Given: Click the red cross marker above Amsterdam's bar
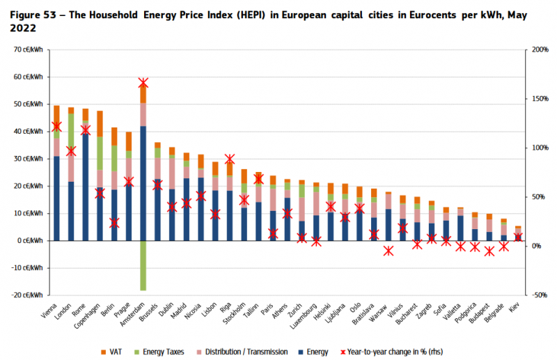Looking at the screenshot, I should click(143, 83).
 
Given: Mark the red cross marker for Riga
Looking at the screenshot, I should click(230, 159).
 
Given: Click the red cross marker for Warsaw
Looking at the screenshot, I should click(389, 251).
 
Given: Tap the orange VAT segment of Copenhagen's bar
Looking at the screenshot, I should click(100, 123).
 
